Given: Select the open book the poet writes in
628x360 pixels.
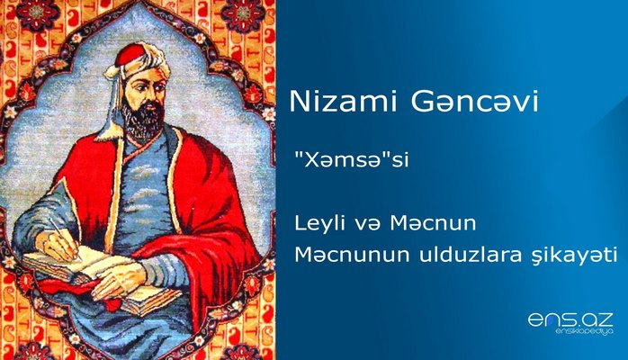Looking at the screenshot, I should coord(72,265).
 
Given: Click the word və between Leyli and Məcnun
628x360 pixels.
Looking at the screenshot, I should coord(401,221).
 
